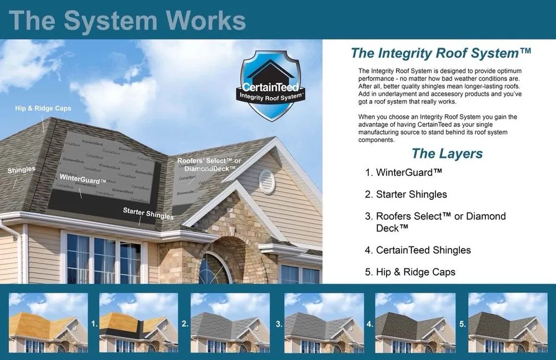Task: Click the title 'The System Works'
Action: coord(128,21)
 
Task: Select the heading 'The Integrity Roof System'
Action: coord(441,53)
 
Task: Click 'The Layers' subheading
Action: coord(446,154)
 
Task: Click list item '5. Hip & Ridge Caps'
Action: coord(410,272)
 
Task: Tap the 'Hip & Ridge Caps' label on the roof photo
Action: coord(43,109)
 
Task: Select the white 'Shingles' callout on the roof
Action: coord(21,170)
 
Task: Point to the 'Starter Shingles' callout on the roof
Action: coord(148,213)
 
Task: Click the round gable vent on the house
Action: coord(267,181)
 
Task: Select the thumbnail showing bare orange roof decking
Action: coord(48,323)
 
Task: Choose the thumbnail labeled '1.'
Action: coord(138,323)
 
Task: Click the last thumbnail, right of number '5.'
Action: coord(507,323)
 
